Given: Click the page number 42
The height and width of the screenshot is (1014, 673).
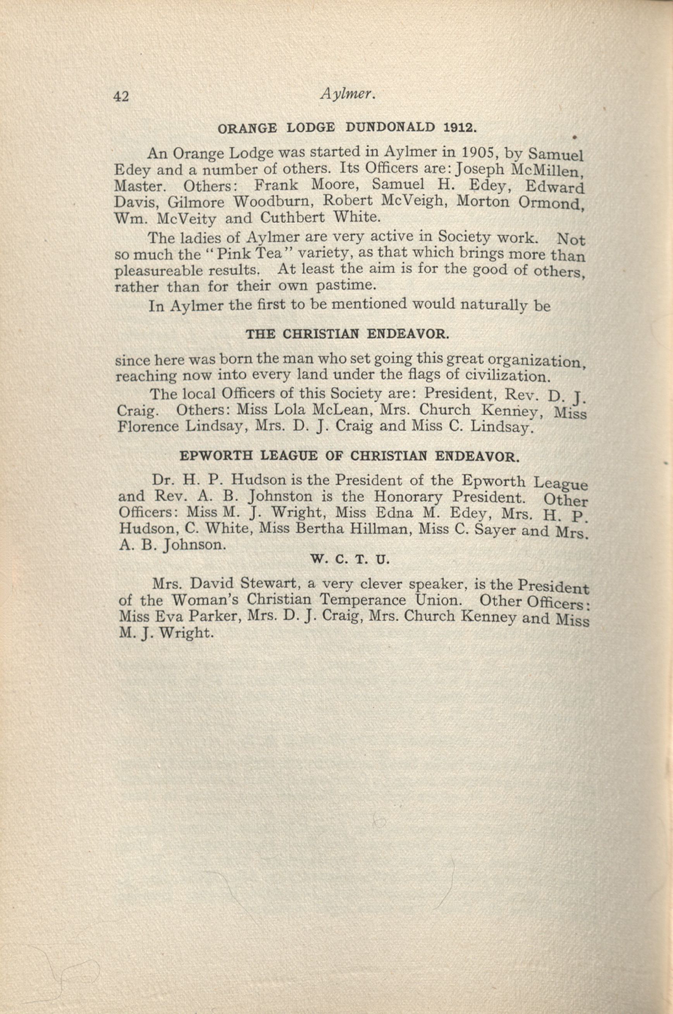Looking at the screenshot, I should point(121,97).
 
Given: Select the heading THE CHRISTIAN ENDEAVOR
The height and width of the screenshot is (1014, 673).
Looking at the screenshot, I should point(348,334).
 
